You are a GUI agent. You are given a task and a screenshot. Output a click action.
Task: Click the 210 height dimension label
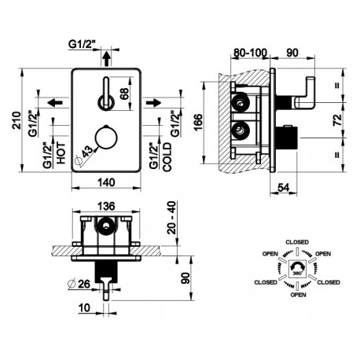pos(17,120)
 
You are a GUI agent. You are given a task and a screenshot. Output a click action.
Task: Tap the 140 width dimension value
pos(107,182)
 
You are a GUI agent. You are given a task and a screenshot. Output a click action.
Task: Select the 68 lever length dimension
pos(124,94)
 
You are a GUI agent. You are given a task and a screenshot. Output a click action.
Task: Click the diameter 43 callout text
pos(84,155)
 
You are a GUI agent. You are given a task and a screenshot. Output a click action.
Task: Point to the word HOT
pos(61,153)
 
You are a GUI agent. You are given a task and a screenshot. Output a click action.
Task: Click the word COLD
pos(167,157)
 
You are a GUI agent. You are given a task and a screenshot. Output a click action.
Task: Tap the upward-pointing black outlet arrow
pos(106,58)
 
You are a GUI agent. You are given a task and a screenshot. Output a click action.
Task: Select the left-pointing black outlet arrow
pos(55,102)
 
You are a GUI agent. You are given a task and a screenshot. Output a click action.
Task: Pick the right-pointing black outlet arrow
pos(153,102)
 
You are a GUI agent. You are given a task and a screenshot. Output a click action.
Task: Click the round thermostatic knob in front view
pos(106,138)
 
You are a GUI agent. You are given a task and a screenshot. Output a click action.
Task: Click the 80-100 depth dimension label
pos(250,53)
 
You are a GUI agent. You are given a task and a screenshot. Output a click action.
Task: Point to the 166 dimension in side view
pos(198,122)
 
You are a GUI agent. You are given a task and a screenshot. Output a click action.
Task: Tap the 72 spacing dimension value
pos(338,119)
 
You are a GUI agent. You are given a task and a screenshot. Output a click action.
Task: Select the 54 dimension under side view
pos(283,187)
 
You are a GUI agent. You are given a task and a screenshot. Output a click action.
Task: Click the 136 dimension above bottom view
pos(107,206)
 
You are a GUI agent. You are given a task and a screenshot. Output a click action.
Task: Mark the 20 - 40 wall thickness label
pos(172,218)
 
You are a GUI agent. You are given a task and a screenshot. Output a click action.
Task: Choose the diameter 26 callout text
pos(79,284)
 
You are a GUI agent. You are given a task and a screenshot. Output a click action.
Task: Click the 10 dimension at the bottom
pos(84,308)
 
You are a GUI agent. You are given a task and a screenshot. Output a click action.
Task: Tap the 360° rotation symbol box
pos(297,269)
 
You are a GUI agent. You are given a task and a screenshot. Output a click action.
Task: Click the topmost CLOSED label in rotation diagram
pos(297,242)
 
